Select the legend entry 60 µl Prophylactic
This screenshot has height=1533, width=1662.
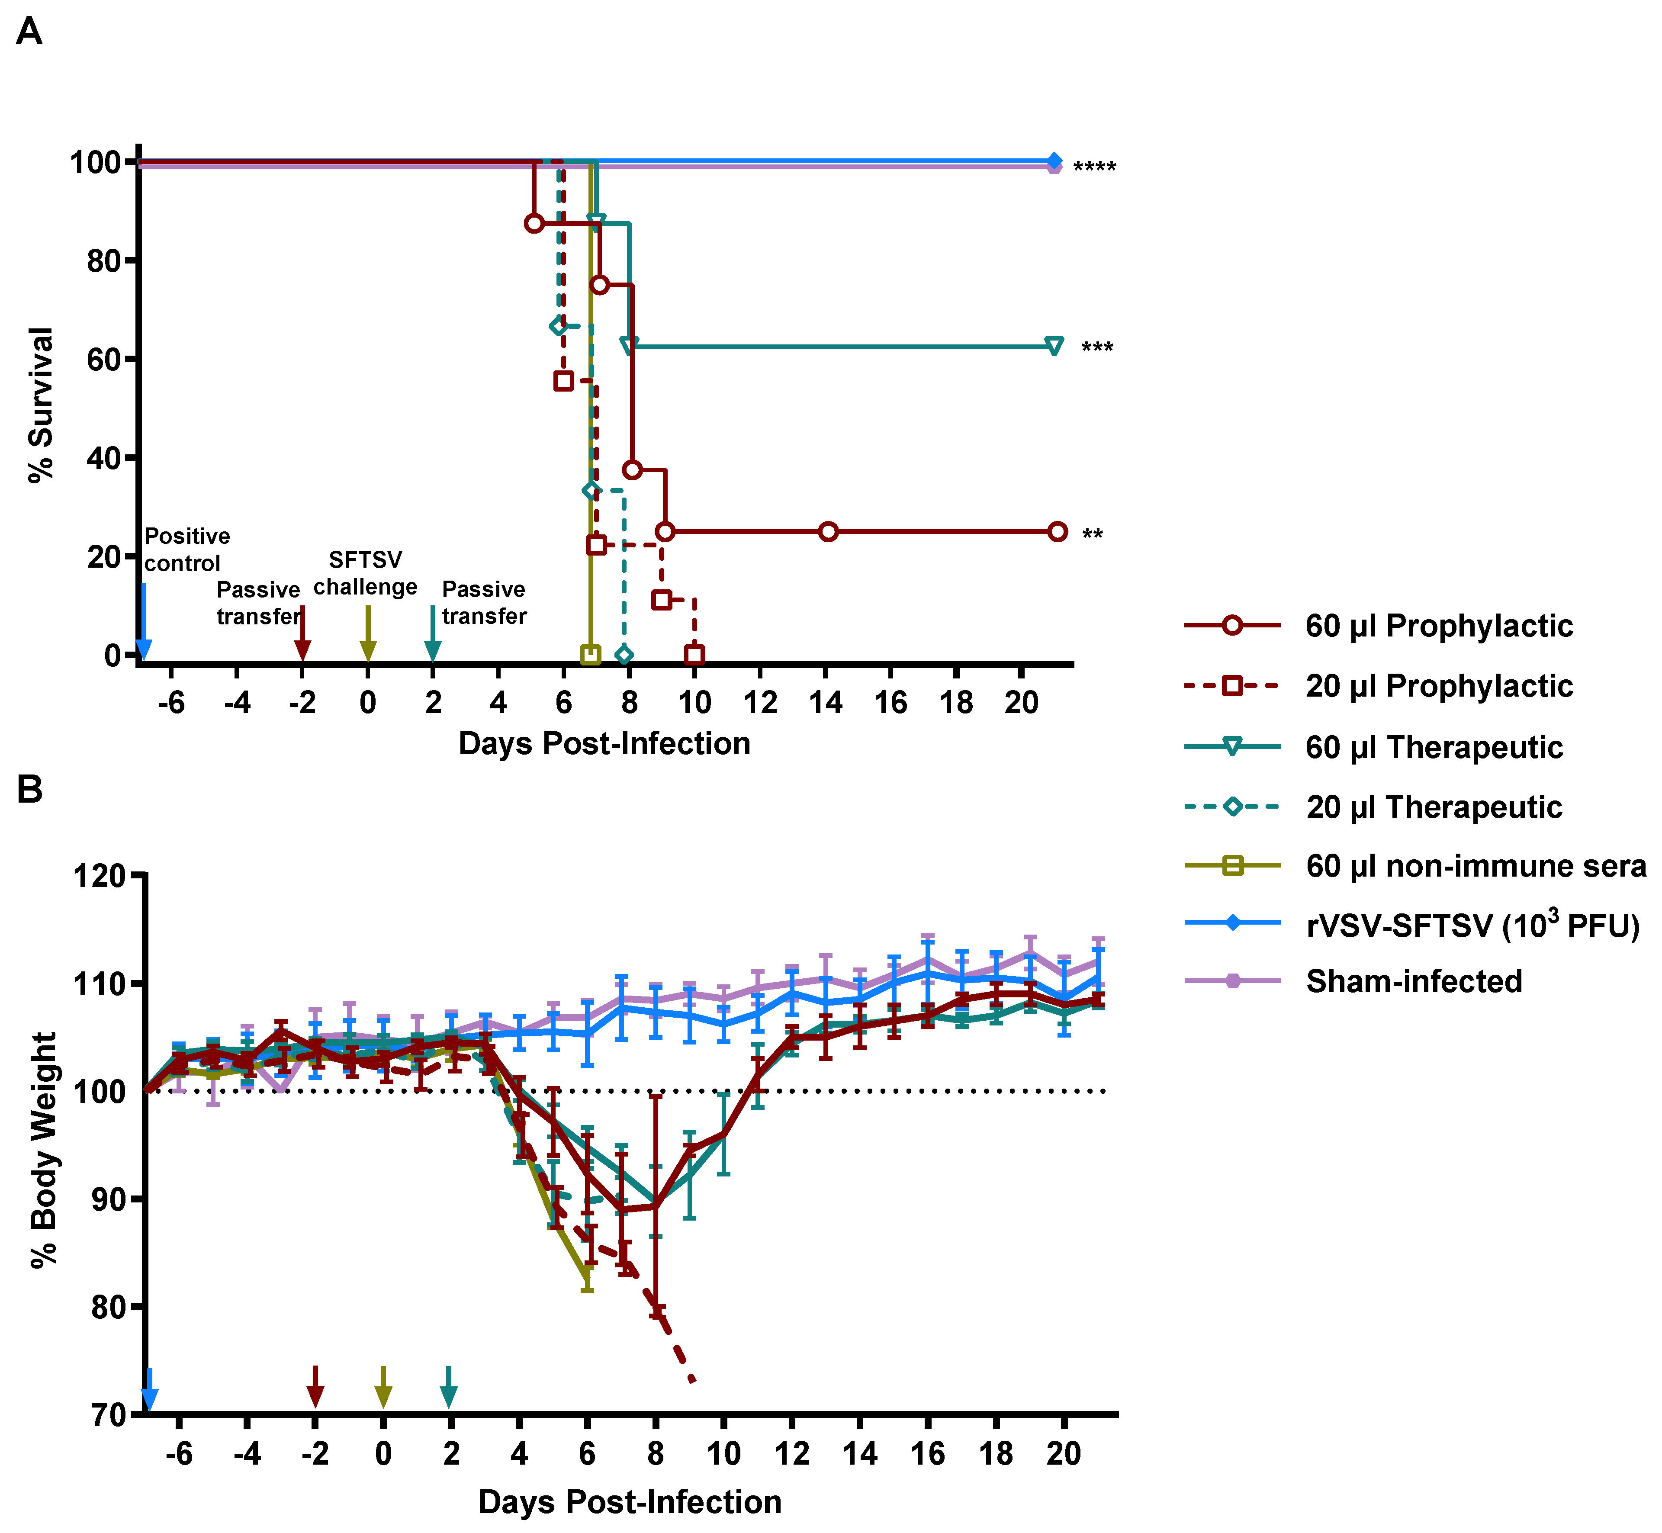[1438, 626]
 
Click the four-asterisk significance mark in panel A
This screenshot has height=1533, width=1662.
[1094, 168]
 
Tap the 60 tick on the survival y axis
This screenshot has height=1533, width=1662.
[106, 359]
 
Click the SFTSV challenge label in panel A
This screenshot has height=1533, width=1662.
[365, 573]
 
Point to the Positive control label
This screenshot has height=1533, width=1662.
[186, 549]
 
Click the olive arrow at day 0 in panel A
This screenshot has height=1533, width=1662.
[368, 635]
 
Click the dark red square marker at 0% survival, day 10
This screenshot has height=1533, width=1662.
[694, 656]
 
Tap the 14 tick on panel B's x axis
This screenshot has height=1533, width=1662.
[860, 1453]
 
